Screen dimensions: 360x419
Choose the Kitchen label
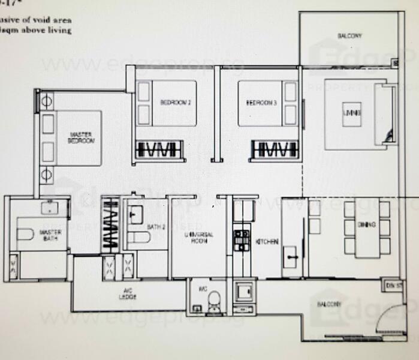[x=267, y=241]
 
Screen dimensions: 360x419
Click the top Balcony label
[x=349, y=36]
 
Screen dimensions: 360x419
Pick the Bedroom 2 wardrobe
[x=159, y=149]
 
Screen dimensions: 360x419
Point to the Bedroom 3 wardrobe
[x=275, y=149]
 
